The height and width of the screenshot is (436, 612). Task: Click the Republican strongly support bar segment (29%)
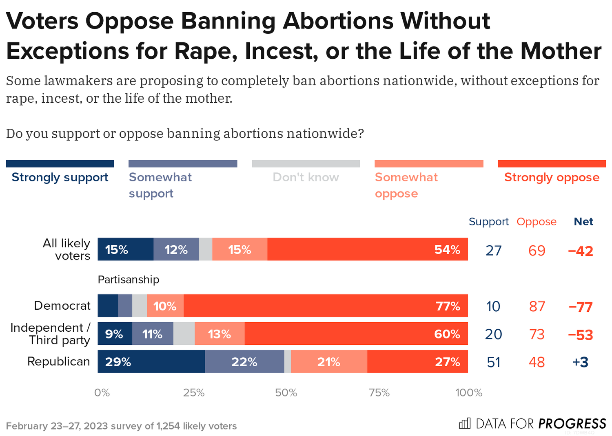151,361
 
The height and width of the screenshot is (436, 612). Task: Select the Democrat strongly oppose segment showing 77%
326,306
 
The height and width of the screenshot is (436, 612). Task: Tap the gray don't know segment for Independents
184,334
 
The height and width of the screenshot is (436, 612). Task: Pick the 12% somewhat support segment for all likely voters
176,249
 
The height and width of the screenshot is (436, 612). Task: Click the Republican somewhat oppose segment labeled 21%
329,361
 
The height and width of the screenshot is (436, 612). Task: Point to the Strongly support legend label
60,178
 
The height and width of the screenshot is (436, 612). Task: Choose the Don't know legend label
306,178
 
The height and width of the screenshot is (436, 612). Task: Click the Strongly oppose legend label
552,178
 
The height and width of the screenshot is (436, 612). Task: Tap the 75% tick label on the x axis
379,393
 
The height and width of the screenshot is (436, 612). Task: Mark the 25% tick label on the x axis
194,393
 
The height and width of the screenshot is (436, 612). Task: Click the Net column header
583,222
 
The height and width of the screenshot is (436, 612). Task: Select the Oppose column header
537,222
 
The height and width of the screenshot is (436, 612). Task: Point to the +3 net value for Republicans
580,362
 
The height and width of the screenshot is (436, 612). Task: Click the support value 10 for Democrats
493,306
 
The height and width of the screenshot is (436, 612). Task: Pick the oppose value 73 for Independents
537,334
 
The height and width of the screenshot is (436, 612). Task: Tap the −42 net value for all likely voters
581,251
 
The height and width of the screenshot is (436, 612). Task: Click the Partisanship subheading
129,280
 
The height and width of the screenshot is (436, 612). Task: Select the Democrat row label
62,306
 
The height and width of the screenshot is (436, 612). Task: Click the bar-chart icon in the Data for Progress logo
465,423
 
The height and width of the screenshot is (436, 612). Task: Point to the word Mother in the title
561,51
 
